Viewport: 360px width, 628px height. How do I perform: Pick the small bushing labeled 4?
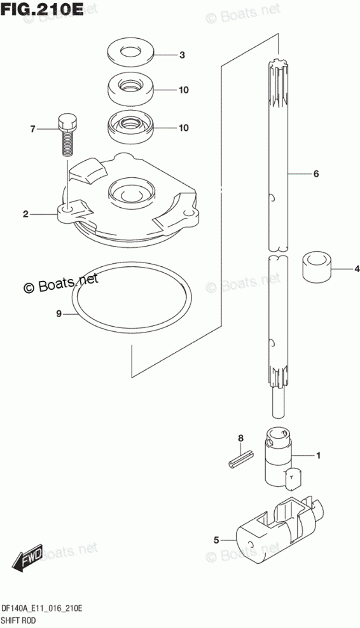[317, 266]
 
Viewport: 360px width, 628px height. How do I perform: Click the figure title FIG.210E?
[42, 8]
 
